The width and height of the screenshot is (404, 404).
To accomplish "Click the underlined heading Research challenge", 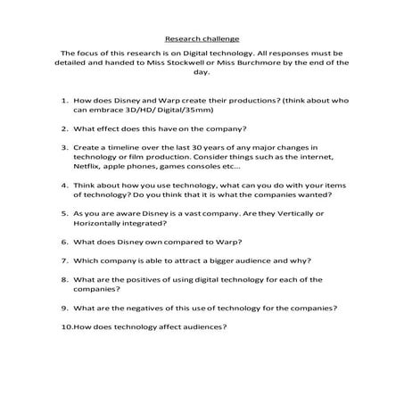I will click(202, 38).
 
